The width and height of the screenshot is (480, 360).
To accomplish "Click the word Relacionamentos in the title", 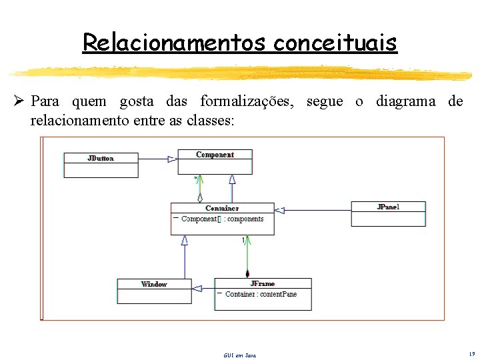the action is tap(175, 43).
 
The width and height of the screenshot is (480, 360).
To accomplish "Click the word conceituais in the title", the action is tap(335, 43).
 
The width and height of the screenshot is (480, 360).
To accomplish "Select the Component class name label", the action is tap(215, 155).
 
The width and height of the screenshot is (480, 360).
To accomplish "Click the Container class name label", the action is tap(222, 208).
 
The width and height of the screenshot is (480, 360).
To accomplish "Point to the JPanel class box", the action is tap(388, 214).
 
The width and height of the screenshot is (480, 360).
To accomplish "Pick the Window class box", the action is tap(154, 291).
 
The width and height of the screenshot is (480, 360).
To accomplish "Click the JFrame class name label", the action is tap(262, 284).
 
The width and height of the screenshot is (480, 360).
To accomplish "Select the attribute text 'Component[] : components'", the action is tap(223, 219).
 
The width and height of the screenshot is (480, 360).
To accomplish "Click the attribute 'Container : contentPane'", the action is tap(261, 294).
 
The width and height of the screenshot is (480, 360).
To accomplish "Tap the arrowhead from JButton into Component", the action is tap(172, 159).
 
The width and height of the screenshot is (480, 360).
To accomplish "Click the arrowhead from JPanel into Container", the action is tap(280, 211).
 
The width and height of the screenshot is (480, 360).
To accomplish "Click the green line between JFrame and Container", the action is tap(247, 257).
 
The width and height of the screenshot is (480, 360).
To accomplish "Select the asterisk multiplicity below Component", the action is tap(196, 179).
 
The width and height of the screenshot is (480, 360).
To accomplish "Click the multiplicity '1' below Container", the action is tap(243, 241).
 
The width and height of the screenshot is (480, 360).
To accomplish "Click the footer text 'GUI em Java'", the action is tap(239, 355).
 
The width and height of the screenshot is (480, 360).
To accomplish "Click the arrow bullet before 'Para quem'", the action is tap(19, 101).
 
